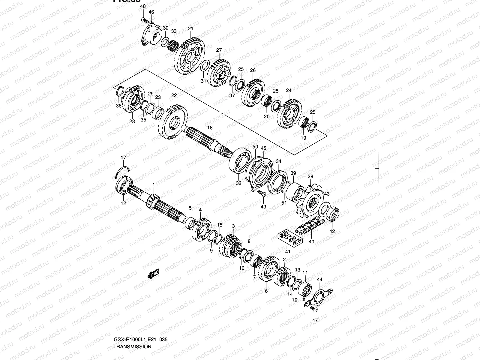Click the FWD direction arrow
click(x=153, y=274)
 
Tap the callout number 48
click(x=143, y=6)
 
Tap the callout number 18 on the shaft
click(x=210, y=127)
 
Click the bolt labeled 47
click(x=313, y=309)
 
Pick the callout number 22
click(x=174, y=95)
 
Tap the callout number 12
click(x=124, y=203)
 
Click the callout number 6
click(x=266, y=291)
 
